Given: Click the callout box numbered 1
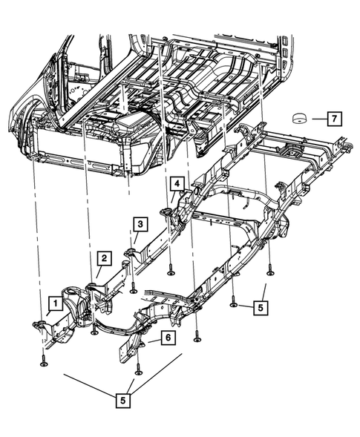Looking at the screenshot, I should tap(54, 303).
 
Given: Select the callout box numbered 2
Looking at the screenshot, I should tap(105, 258).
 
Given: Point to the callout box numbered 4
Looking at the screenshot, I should tap(177, 183).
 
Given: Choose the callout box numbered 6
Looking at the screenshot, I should tap(168, 338).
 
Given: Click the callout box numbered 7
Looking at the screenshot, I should tap(333, 119).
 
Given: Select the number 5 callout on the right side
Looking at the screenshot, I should tap(259, 305).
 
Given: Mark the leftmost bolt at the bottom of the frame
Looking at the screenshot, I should tap(43, 361).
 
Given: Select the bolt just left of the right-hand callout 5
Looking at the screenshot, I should tap(234, 303).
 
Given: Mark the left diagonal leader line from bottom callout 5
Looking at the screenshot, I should tap(97, 386).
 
